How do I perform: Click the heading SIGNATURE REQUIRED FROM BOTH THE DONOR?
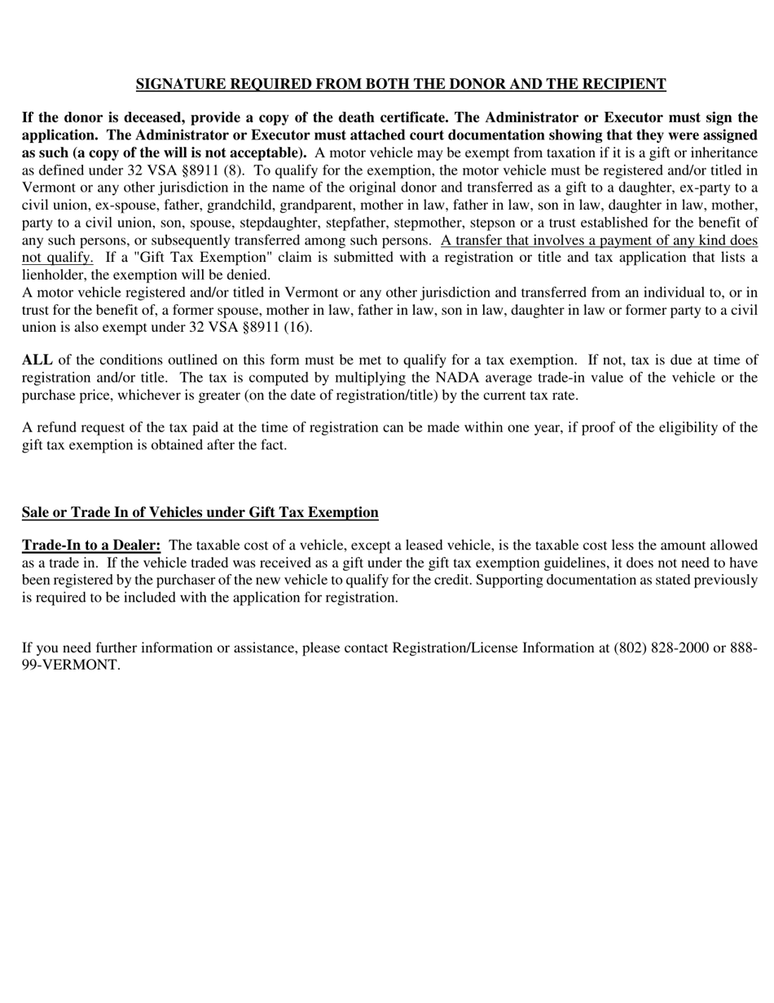pos(400,84)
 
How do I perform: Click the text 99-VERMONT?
pos(71,665)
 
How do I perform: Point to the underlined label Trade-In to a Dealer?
pos(91,545)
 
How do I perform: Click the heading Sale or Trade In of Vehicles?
pos(200,512)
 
